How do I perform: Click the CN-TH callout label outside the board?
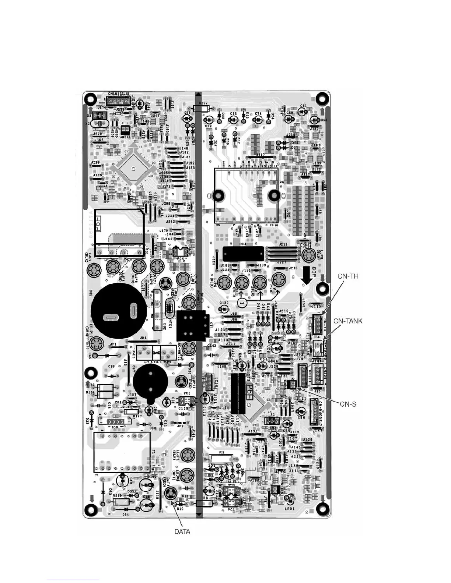pos(348,276)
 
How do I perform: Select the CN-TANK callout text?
pos(348,321)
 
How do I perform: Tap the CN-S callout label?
pos(348,404)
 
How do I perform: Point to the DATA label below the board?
pos(182,531)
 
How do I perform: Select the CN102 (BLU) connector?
pos(118,101)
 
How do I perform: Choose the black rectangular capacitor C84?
pos(244,255)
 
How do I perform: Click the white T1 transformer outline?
pos(122,452)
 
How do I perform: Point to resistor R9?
pos(221,458)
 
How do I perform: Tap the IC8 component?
pos(115,422)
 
